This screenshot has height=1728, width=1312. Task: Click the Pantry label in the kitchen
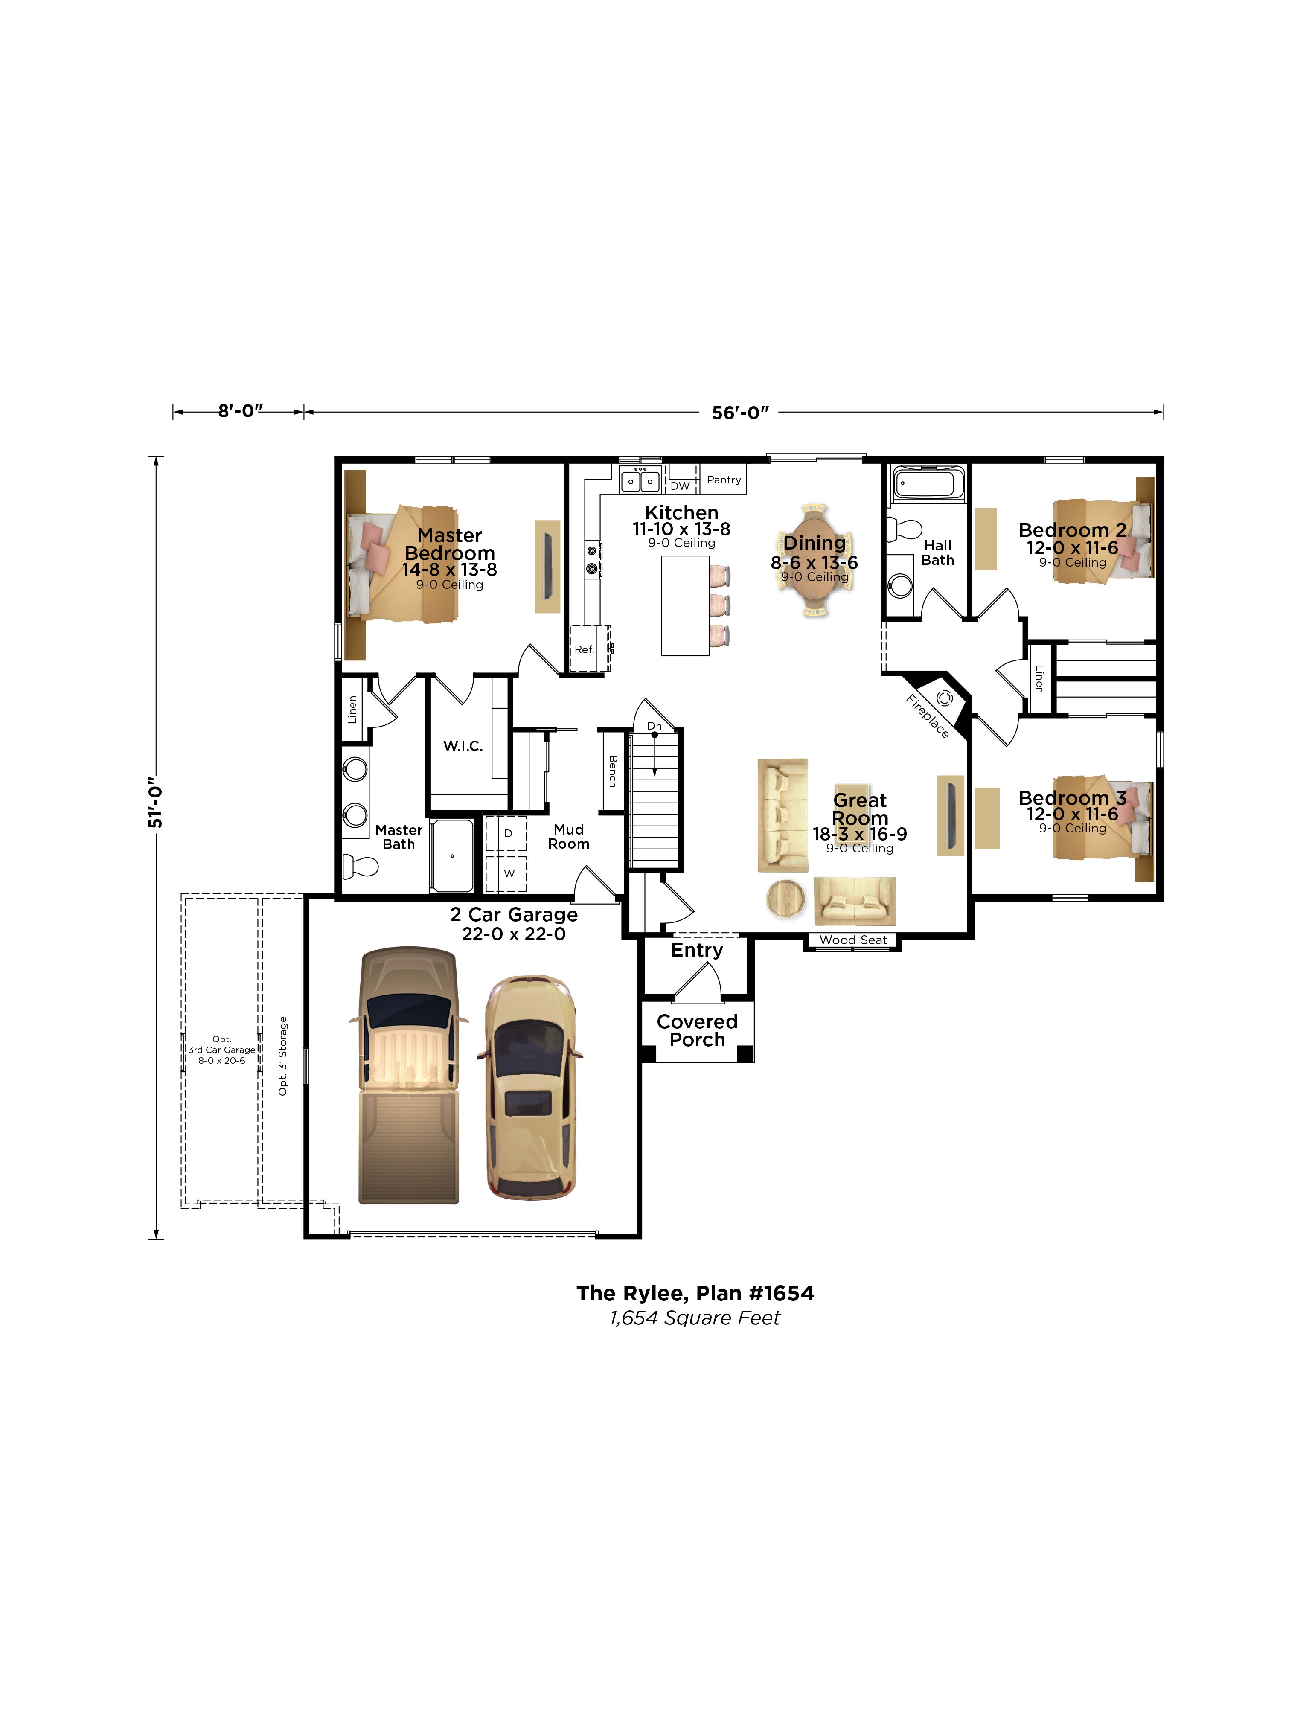tap(724, 480)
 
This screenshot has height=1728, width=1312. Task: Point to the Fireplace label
tap(928, 716)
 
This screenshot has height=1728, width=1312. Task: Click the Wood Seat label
tap(852, 940)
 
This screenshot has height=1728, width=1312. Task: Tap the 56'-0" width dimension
tap(740, 413)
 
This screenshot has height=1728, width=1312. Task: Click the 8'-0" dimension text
tap(240, 411)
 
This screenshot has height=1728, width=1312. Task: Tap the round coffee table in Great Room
tap(786, 899)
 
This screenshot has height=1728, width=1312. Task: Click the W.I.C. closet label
tap(463, 746)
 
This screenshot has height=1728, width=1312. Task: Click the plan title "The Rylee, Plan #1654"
tap(695, 1294)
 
